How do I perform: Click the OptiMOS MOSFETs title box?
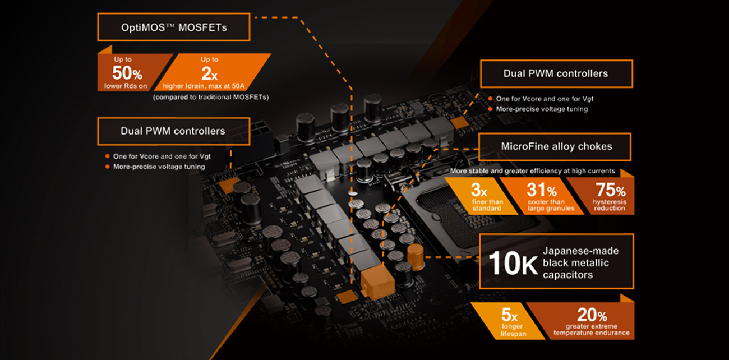pyautogui.click(x=174, y=27)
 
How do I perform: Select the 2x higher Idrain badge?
pyautogui.click(x=212, y=72)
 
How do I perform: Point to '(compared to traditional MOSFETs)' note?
pyautogui.click(x=211, y=97)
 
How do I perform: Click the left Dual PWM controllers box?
pyautogui.click(x=174, y=131)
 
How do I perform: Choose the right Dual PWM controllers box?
pyautogui.click(x=556, y=73)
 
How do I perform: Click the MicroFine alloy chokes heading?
pyautogui.click(x=555, y=147)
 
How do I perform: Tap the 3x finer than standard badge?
pyautogui.click(x=482, y=196)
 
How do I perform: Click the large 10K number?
pyautogui.click(x=513, y=263)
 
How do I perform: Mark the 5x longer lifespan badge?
pyautogui.click(x=508, y=321)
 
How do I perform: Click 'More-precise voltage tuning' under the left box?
pyautogui.click(x=159, y=167)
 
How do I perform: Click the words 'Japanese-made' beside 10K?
pyautogui.click(x=580, y=251)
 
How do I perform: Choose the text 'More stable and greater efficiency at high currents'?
pyautogui.click(x=532, y=171)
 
